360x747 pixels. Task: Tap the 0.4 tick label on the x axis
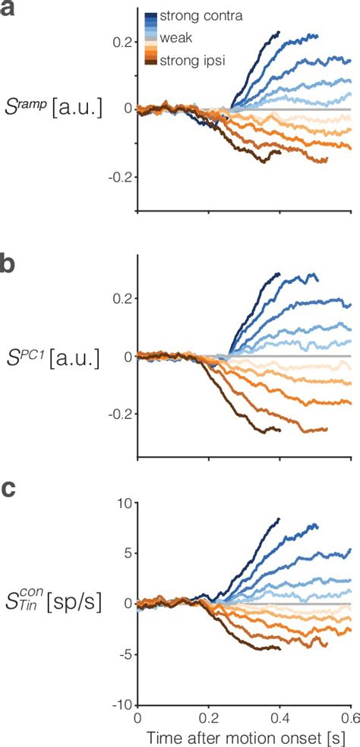click(279, 717)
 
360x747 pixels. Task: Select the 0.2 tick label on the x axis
click(208, 717)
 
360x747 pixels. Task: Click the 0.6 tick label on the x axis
click(350, 717)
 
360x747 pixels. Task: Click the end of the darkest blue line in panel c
click(279, 519)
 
